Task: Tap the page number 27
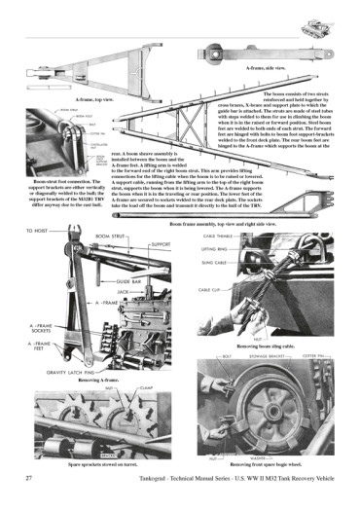[30, 478]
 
